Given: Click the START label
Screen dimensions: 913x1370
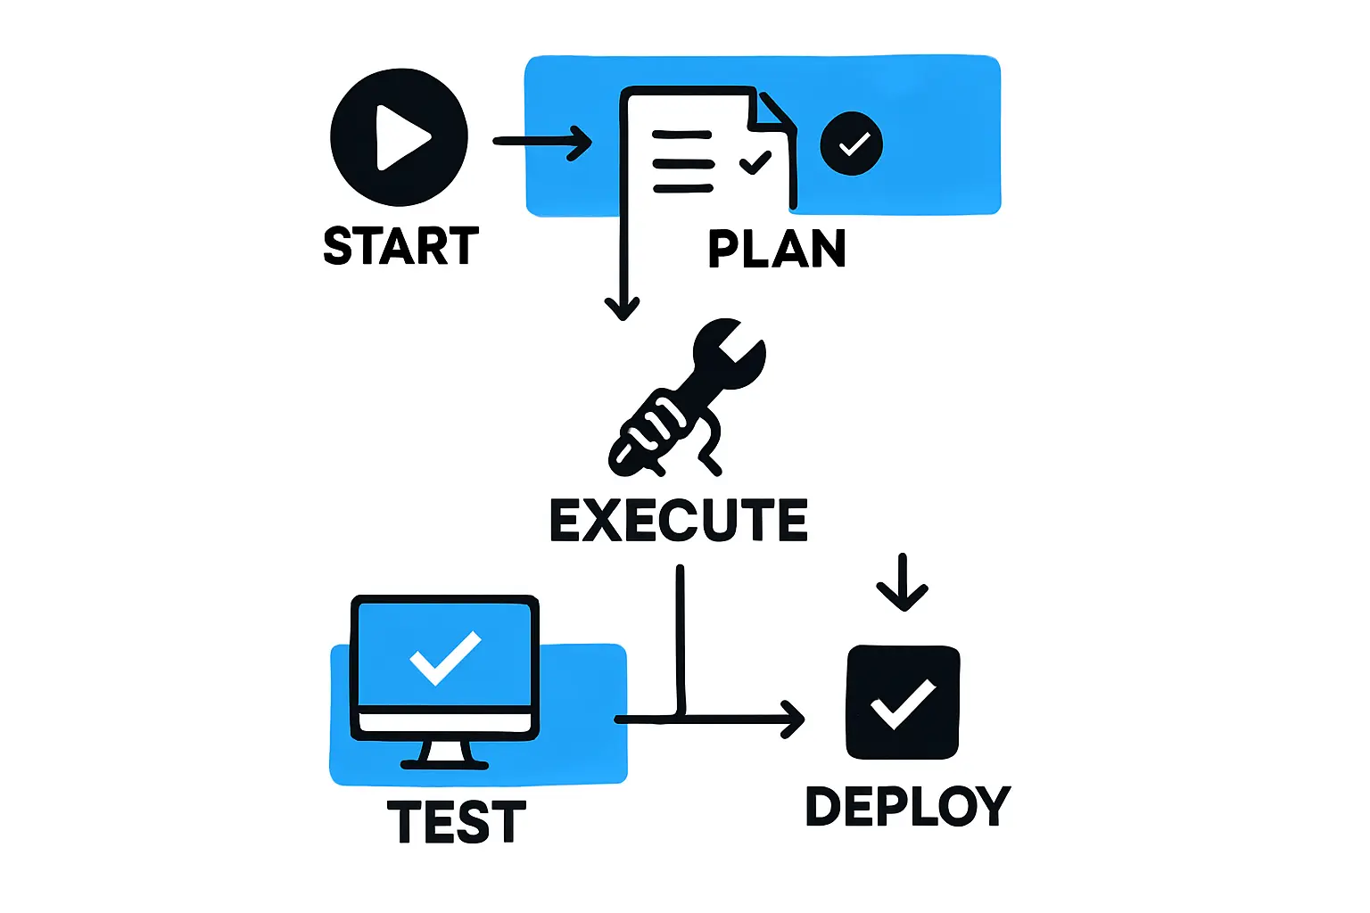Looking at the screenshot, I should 400,246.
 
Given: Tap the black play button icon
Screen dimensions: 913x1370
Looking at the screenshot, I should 399,137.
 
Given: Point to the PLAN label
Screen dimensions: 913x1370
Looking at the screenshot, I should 776,249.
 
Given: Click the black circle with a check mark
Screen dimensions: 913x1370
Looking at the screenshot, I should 851,144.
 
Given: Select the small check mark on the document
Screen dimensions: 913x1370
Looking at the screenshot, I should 755,162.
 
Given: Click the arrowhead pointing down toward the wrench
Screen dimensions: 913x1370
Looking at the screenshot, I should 622,308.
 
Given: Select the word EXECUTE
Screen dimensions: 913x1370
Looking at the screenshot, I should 679,521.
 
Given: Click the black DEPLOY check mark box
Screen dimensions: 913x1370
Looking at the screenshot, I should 903,703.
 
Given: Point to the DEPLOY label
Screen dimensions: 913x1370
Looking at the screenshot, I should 907,806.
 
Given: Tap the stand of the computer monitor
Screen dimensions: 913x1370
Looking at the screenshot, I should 445,754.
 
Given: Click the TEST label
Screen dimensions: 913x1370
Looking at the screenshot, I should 456,822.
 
